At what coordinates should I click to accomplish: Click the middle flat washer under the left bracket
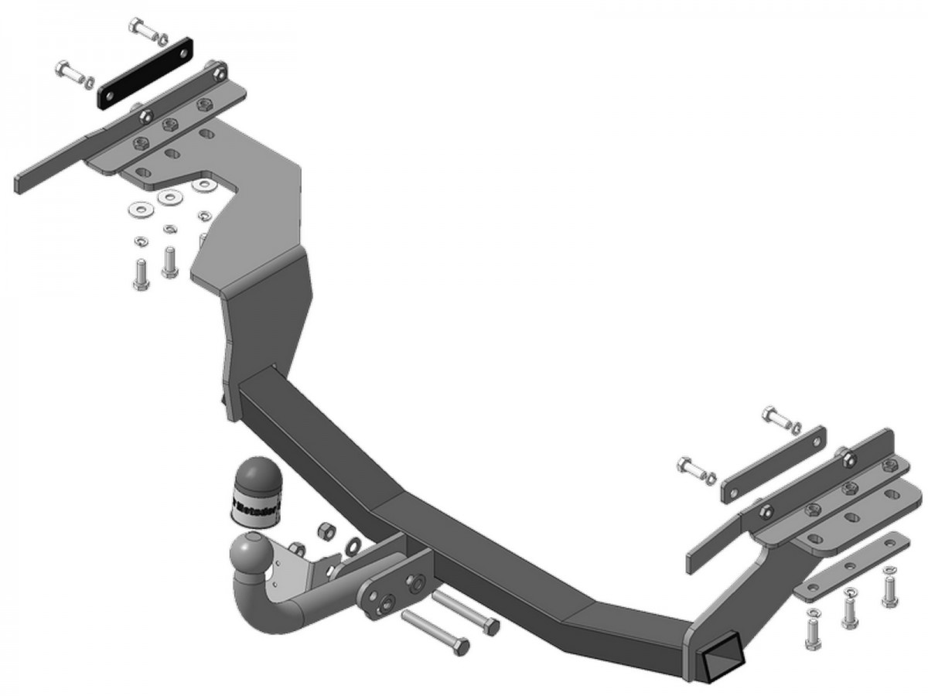[x=168, y=197]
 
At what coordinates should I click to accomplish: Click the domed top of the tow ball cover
[x=258, y=473]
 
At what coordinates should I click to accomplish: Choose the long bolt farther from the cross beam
[x=435, y=629]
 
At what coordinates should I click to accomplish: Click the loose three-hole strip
[x=851, y=567]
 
